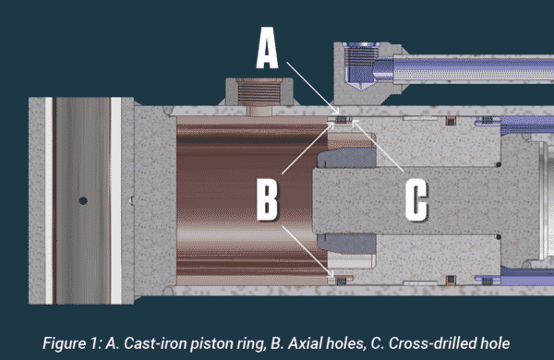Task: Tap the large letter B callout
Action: tap(266, 199)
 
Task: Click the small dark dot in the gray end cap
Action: tap(82, 199)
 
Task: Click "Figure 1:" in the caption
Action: tap(70, 342)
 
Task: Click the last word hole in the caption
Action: tap(492, 342)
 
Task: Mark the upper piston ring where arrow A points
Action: tap(340, 119)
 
